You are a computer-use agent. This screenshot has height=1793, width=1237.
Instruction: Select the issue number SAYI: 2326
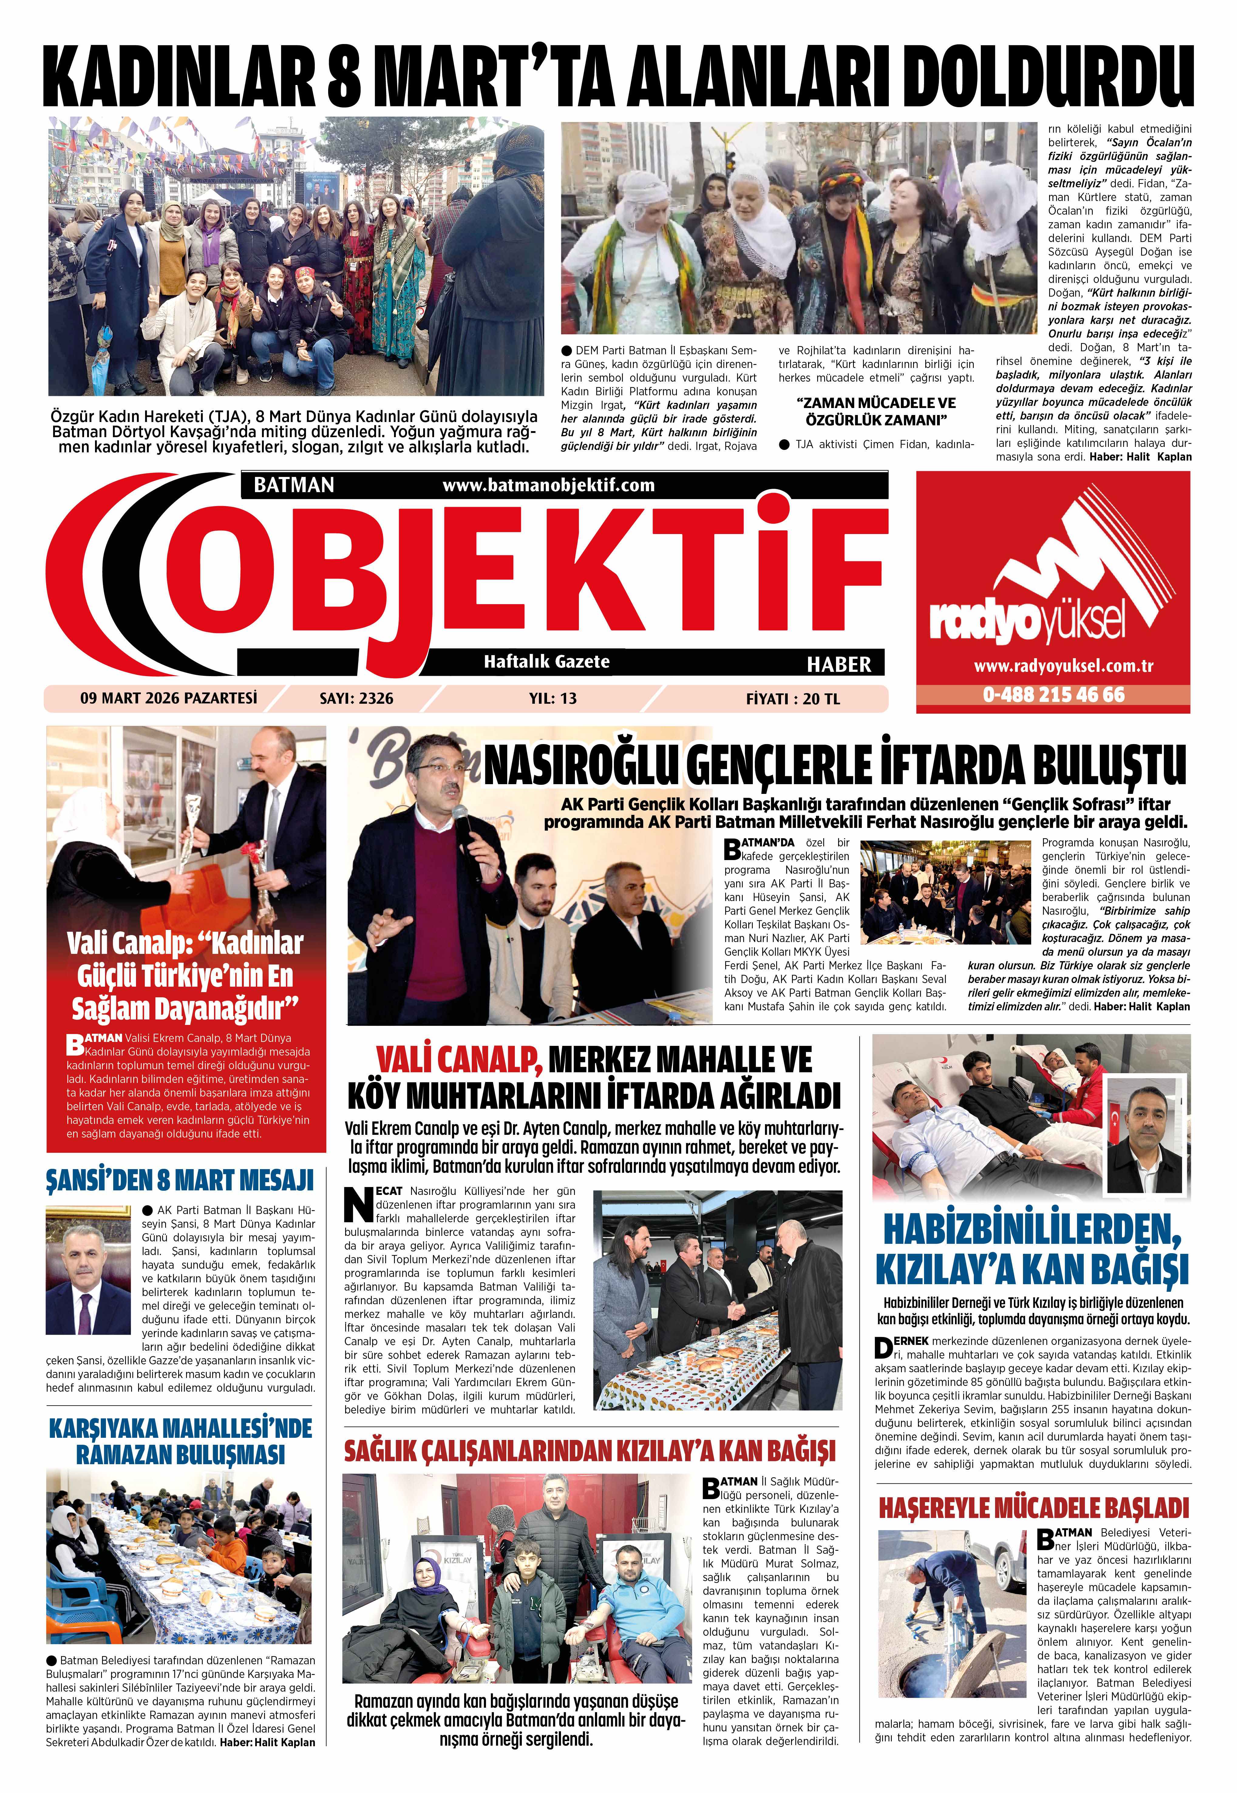tap(356, 699)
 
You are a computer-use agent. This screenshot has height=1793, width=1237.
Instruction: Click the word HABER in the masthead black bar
tap(839, 664)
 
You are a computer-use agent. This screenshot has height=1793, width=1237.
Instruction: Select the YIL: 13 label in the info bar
tap(552, 699)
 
